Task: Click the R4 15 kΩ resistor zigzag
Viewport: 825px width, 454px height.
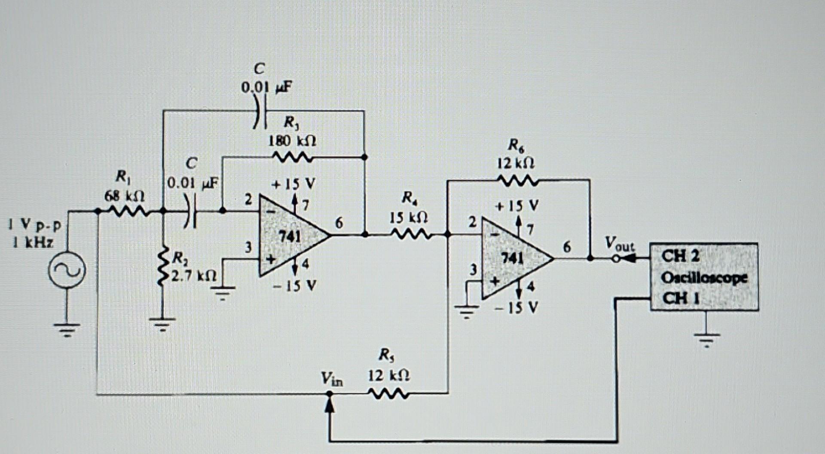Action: point(409,235)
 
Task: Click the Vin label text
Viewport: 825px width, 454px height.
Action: point(332,379)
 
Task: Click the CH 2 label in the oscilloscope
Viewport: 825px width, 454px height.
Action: point(680,256)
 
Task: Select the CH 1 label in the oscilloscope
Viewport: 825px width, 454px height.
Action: point(680,298)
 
